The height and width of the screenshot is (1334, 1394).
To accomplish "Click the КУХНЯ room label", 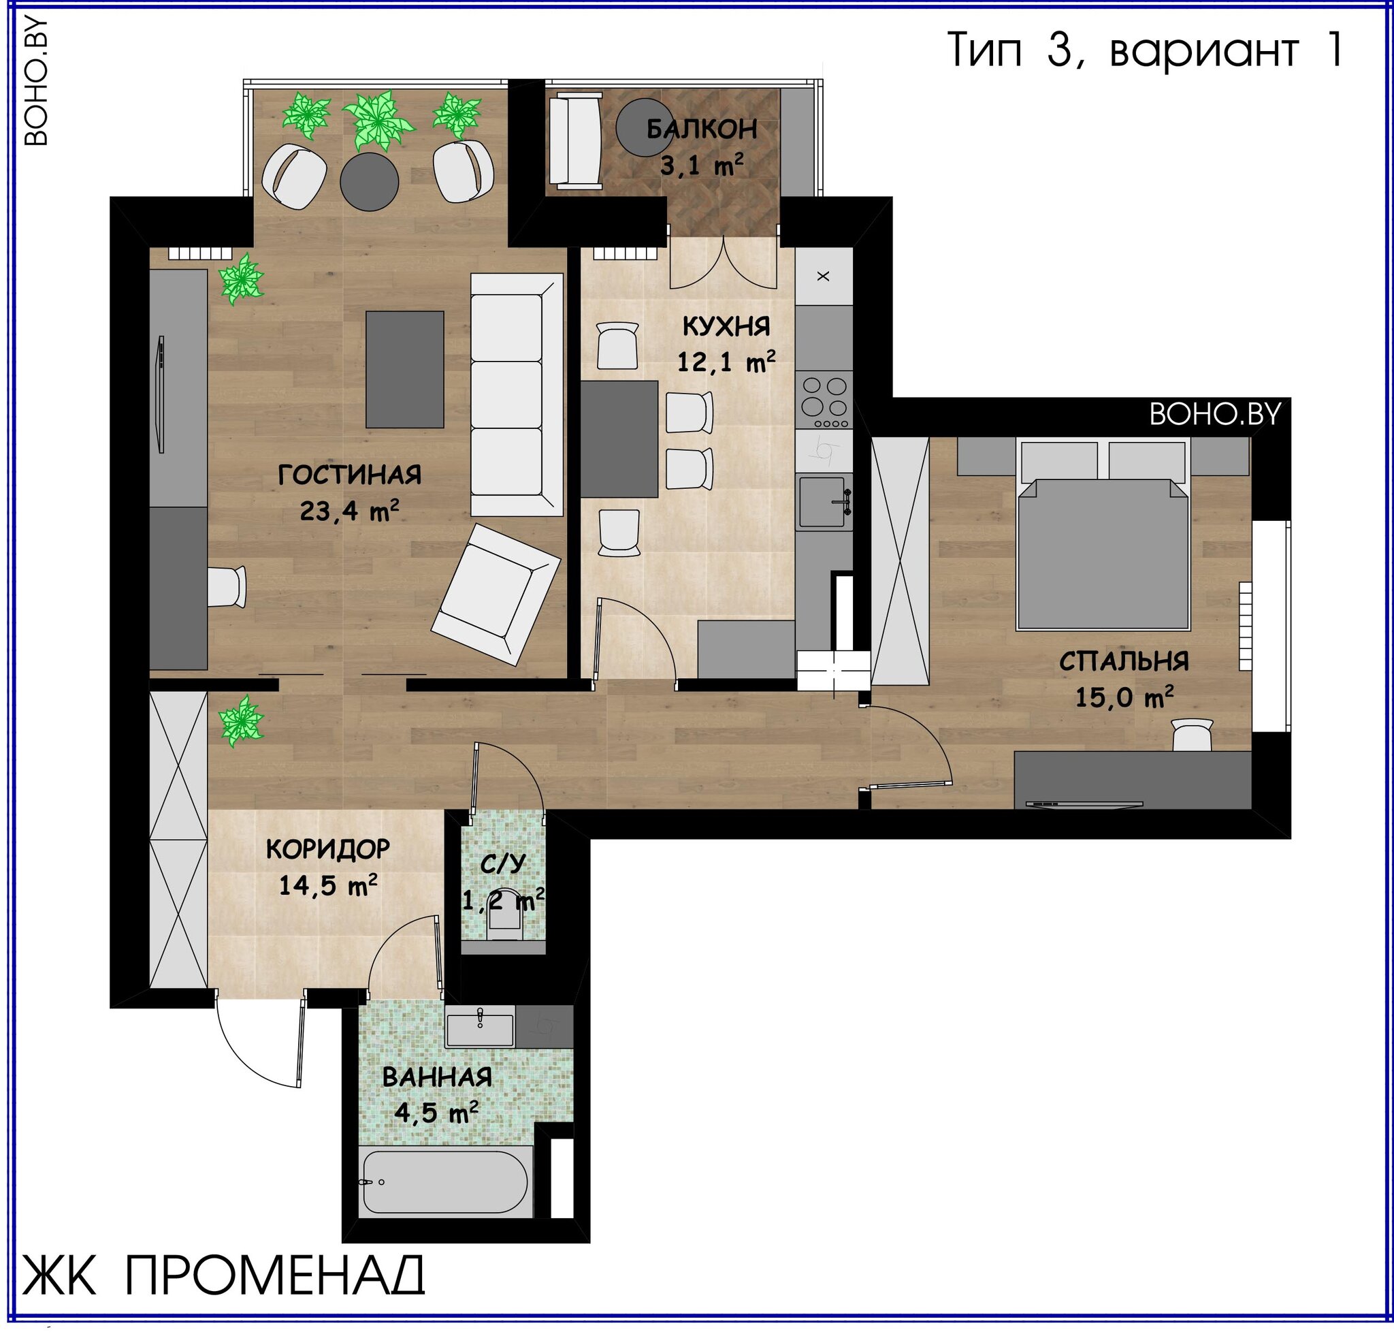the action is click(726, 326).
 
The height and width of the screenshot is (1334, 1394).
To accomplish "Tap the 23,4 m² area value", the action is click(349, 511).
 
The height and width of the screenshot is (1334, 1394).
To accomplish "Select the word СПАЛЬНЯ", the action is click(1124, 661).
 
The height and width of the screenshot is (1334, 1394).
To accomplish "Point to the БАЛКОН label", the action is click(702, 129).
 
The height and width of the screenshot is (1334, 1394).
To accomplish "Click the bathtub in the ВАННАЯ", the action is click(445, 1182).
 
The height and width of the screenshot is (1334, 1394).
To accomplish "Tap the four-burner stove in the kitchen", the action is click(824, 400).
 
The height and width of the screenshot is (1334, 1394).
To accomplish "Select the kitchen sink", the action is click(824, 502).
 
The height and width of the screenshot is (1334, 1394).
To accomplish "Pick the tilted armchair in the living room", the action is click(496, 594).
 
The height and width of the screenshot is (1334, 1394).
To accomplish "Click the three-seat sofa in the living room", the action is click(517, 395).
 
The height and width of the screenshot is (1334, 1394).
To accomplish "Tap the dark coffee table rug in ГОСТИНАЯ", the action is click(404, 369).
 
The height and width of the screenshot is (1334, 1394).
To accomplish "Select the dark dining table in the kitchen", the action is click(619, 438).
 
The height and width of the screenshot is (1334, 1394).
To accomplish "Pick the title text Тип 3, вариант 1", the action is click(1146, 50).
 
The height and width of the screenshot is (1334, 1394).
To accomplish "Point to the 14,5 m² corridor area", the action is click(327, 885).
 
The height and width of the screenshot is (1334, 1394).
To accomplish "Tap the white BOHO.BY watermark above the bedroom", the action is click(1215, 414).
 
